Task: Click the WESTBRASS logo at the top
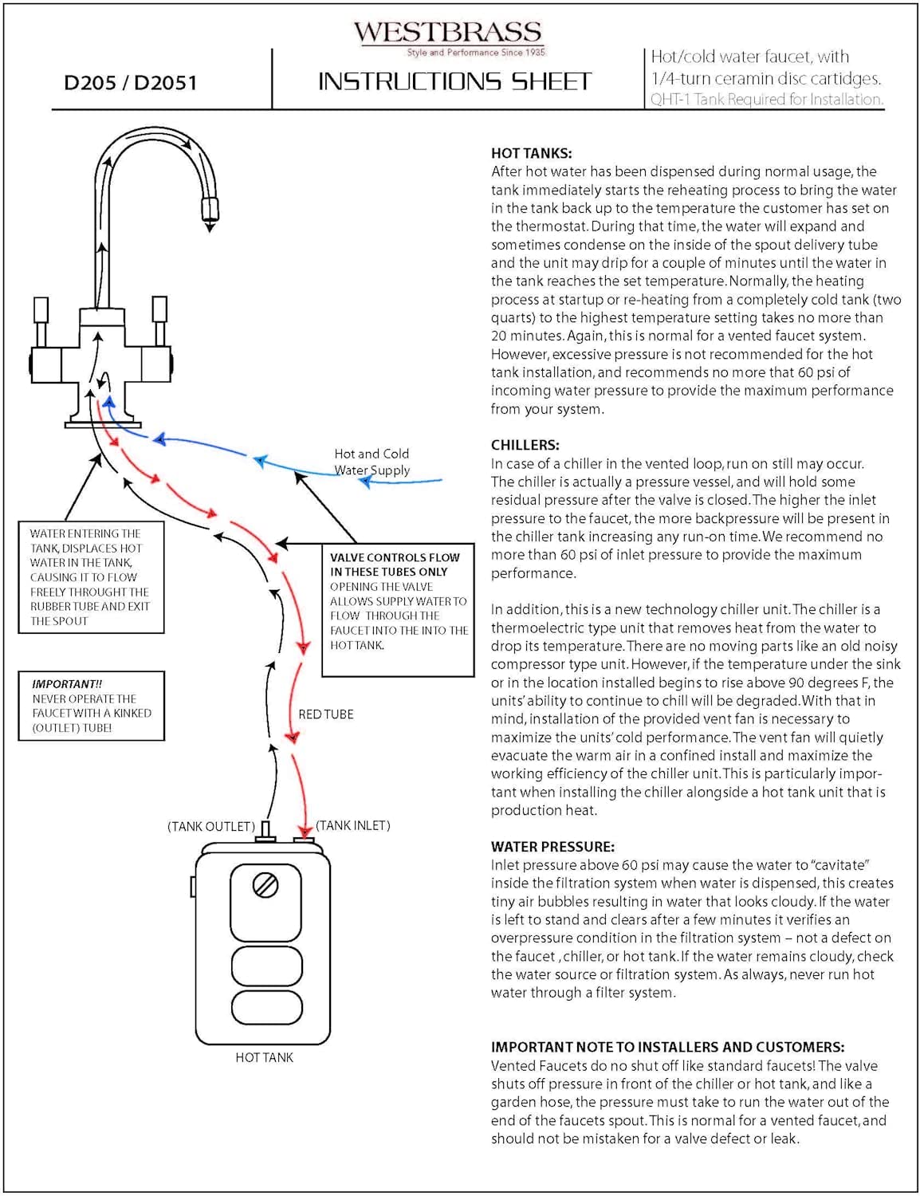click(447, 33)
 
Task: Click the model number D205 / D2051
click(130, 83)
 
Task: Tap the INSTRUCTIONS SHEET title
click(454, 81)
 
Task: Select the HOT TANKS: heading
click(531, 153)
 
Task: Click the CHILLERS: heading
click(525, 445)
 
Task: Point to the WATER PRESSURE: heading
click(552, 847)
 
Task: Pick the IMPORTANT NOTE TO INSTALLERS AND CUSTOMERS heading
click(667, 1047)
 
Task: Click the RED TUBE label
click(325, 714)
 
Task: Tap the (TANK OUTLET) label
click(211, 827)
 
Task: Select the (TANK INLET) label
click(353, 825)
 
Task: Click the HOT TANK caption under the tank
click(264, 1058)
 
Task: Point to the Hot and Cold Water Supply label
click(372, 462)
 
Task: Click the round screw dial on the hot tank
click(265, 885)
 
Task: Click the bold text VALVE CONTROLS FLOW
click(395, 557)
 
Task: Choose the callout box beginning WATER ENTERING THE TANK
click(91, 577)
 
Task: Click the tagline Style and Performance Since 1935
click(476, 53)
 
